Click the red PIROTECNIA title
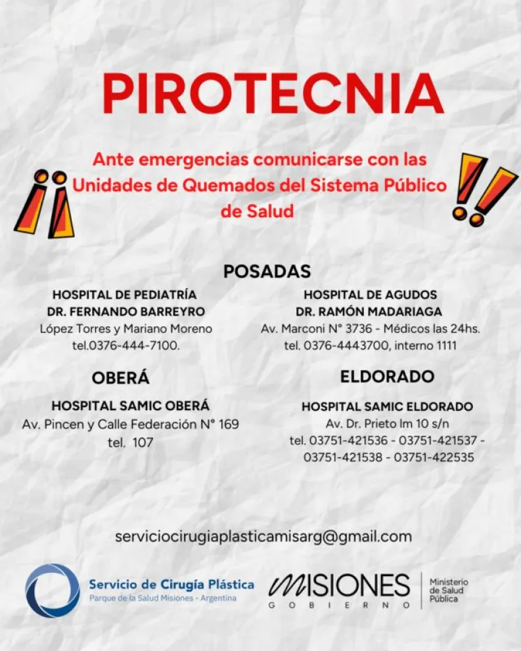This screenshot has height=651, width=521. [x=273, y=93]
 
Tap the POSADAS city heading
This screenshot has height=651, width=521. [x=267, y=271]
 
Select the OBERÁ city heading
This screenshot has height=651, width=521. [x=121, y=378]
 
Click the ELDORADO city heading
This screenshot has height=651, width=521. [x=387, y=377]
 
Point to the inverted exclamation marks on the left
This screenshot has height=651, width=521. [x=45, y=204]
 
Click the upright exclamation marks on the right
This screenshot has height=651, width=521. [x=483, y=189]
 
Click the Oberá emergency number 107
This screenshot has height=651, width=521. [x=143, y=442]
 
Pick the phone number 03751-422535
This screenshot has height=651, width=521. [x=434, y=457]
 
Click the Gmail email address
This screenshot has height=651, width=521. [x=263, y=536]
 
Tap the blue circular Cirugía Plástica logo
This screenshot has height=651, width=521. [x=52, y=591]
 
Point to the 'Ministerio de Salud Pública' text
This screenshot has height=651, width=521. [x=449, y=591]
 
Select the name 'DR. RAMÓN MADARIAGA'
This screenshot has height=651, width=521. [x=369, y=311]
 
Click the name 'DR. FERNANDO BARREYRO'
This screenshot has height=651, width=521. [x=125, y=311]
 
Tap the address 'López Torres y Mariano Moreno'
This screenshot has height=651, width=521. [x=125, y=328]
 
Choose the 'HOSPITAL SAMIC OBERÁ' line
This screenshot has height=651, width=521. [x=131, y=406]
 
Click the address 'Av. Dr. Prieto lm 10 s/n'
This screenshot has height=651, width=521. [x=387, y=423]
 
